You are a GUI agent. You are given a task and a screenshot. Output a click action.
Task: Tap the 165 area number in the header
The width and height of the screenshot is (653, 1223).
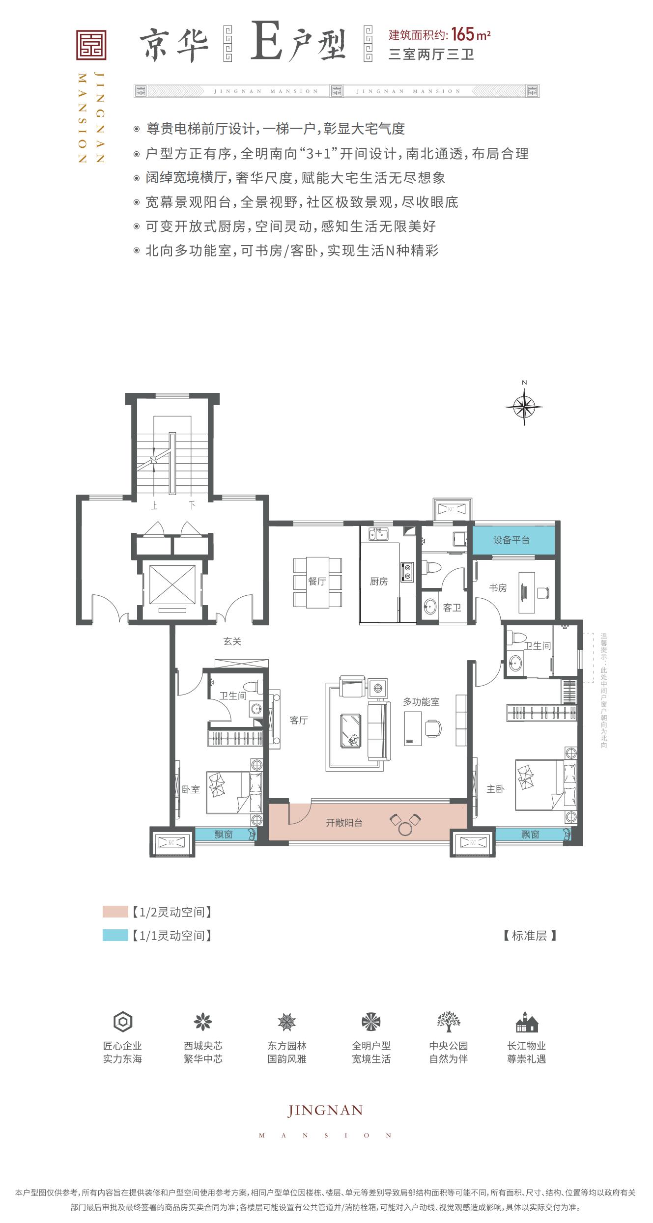[x=463, y=34]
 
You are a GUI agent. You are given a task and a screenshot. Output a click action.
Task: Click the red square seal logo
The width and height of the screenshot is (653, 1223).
[x=91, y=45]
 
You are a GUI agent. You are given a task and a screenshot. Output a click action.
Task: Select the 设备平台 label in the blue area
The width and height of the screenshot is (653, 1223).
[x=511, y=540]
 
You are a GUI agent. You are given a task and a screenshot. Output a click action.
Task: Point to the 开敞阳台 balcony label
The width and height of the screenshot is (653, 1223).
[x=344, y=822]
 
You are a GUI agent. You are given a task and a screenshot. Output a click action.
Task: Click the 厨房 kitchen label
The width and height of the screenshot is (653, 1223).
[x=379, y=582]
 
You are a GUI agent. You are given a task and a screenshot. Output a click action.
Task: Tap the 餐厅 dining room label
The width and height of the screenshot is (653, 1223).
[x=317, y=582]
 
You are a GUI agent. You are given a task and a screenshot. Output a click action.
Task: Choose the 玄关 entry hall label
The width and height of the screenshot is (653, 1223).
[x=232, y=641]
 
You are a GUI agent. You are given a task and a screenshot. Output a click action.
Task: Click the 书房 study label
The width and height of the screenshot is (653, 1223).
[x=498, y=587]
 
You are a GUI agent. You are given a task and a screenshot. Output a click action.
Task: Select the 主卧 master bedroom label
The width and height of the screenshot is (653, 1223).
[x=495, y=789]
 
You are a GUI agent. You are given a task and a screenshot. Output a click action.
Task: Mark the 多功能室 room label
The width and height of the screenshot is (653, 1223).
[x=421, y=702]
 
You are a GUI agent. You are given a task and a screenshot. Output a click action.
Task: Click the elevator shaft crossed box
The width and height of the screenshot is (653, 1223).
[x=172, y=584]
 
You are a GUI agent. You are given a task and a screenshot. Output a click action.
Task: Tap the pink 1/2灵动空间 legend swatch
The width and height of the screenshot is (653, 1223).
[x=115, y=912]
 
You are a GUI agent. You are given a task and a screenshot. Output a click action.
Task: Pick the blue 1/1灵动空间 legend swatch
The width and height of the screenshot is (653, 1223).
[x=115, y=935]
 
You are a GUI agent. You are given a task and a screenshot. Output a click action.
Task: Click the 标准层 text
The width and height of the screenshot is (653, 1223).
[x=530, y=936]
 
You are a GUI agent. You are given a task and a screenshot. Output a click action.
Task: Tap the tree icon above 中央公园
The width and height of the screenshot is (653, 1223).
[x=449, y=1021]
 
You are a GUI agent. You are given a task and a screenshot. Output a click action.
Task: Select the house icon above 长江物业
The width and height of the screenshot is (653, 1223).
[x=527, y=1022]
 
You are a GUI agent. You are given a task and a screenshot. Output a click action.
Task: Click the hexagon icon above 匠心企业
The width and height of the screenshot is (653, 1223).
[x=123, y=1022]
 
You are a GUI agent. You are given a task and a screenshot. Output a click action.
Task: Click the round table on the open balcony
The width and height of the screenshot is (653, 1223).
[x=405, y=829]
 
